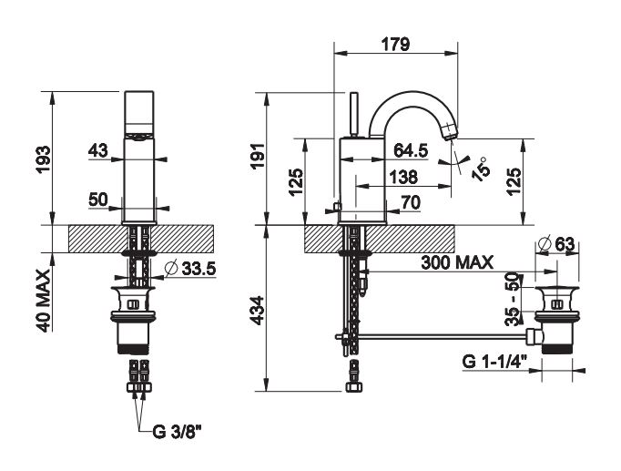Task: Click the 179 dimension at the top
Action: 396,45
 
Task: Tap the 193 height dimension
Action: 44,159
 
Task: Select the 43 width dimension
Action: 97,150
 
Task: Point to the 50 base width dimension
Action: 98,200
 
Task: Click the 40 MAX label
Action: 44,301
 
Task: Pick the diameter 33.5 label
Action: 190,269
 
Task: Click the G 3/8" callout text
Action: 177,432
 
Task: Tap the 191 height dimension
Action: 258,156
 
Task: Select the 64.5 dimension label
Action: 411,150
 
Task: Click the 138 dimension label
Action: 403,177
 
